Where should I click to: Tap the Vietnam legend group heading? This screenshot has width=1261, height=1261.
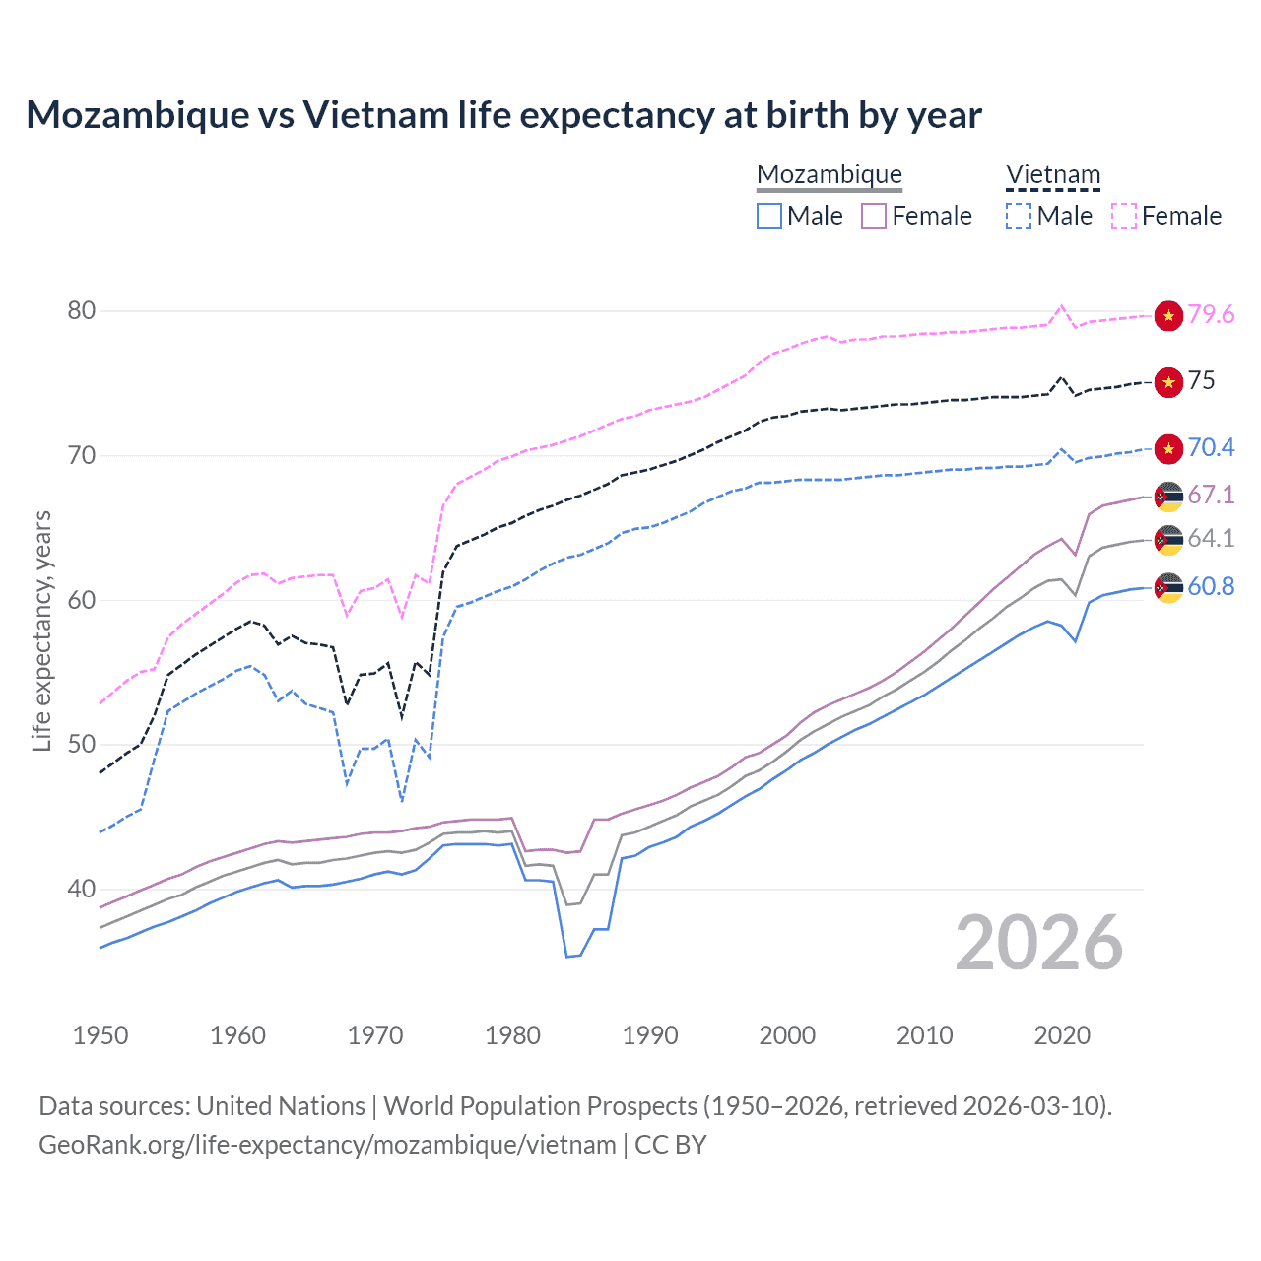1052,175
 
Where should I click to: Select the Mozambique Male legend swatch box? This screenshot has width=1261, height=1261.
769,216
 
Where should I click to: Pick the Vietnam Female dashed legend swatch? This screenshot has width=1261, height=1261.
1124,216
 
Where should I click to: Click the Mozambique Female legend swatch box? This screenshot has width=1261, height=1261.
874,216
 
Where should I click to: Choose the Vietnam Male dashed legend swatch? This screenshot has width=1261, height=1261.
1019,216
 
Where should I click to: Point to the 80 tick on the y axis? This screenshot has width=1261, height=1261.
81,311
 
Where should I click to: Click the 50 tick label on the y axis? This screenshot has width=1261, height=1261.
81,745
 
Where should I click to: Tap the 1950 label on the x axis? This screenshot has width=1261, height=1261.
100,1035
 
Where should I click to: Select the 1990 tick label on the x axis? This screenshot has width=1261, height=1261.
650,1035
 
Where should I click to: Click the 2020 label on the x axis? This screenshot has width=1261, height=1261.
1062,1035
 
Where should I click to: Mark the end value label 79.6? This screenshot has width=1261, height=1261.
1211,315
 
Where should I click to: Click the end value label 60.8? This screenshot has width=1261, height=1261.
1211,587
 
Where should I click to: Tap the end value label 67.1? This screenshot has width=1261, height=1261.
1211,495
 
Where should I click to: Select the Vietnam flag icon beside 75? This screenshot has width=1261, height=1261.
1168,382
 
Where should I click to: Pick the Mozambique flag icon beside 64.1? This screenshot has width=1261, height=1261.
1168,540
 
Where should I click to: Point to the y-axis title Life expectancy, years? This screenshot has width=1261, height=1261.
41,631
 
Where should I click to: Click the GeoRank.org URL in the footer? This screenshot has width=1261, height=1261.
327,1145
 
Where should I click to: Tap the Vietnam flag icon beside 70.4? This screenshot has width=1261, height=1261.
1168,448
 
